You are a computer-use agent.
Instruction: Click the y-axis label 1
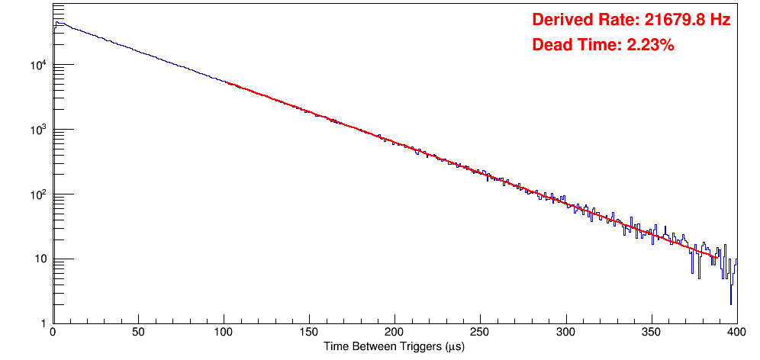(43, 324)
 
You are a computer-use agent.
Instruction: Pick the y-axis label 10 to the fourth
(38, 66)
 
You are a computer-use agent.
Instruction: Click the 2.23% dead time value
(650, 46)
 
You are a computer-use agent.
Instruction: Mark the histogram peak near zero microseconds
(57, 23)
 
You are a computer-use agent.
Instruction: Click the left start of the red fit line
(227, 82)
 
